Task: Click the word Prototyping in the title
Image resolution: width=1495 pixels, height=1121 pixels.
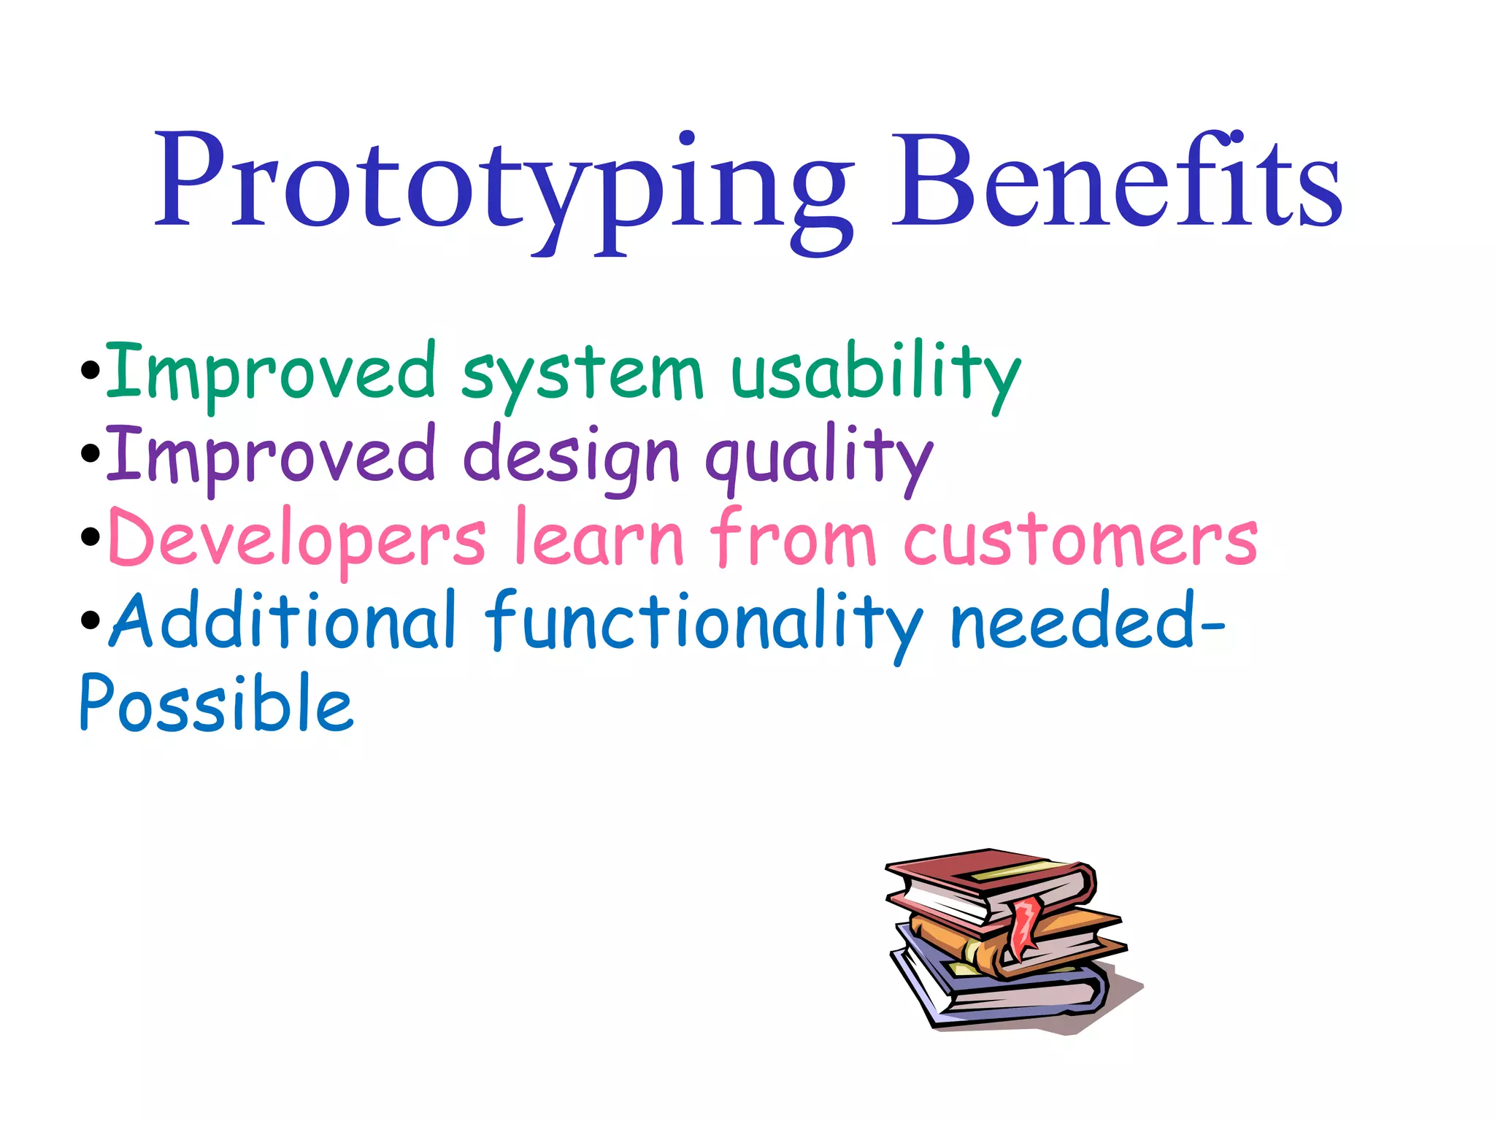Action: pyautogui.click(x=504, y=182)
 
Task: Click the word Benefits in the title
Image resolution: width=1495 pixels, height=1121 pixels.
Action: pyautogui.click(x=1117, y=182)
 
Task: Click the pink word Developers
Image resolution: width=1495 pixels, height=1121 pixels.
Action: pyautogui.click(x=296, y=540)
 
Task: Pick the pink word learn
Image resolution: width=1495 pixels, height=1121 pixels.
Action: pyautogui.click(x=599, y=540)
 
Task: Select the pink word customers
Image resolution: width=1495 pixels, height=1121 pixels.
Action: pyautogui.click(x=1080, y=540)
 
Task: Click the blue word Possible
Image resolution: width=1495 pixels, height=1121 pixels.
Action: pyautogui.click(x=216, y=704)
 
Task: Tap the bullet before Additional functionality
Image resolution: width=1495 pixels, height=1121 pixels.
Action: pyautogui.click(x=91, y=620)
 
